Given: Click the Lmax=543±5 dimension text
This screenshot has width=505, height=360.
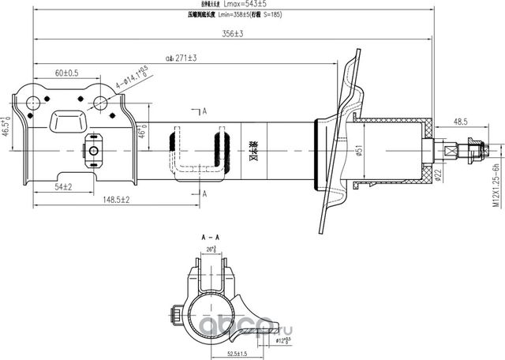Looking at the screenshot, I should (x=251, y=5).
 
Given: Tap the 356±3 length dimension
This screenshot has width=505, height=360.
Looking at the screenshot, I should (x=231, y=33).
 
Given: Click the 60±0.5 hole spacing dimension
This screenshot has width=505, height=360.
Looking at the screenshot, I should (x=66, y=73).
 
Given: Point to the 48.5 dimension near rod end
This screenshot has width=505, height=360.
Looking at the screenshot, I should (x=462, y=122).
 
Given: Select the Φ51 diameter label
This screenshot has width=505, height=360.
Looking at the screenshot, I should (x=358, y=151).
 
